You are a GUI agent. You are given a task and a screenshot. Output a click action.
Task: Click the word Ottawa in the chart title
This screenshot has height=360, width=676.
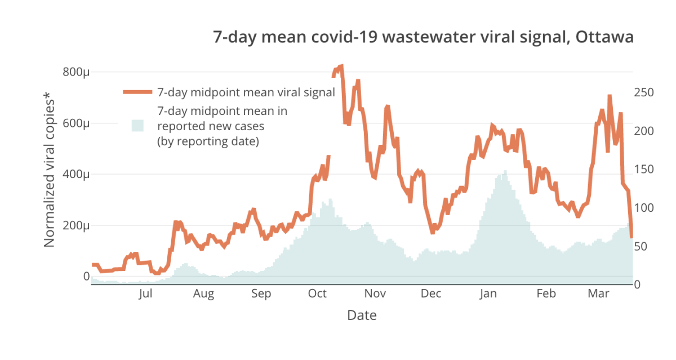(x=604, y=37)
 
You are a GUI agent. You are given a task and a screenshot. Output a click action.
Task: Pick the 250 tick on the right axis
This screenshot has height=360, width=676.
(x=644, y=92)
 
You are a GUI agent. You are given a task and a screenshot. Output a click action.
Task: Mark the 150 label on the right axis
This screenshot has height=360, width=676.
(x=644, y=170)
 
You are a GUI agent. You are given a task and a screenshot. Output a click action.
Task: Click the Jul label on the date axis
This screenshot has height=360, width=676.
(x=145, y=294)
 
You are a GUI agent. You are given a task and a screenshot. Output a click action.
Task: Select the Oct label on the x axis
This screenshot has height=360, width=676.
(x=317, y=294)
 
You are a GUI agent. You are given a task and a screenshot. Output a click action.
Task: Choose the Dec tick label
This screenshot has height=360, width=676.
(x=431, y=294)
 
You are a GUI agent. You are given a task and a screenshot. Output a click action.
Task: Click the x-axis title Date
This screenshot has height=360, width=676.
(x=362, y=315)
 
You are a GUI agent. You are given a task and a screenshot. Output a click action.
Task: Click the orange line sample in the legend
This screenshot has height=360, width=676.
(x=137, y=92)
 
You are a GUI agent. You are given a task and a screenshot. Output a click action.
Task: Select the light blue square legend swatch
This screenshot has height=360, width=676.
(x=137, y=125)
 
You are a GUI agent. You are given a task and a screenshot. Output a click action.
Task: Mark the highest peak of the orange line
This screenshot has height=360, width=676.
(x=341, y=66)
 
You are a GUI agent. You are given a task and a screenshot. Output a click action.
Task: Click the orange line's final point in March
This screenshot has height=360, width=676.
(x=631, y=237)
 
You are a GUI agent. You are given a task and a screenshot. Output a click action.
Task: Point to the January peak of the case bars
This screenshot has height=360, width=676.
(x=505, y=171)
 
